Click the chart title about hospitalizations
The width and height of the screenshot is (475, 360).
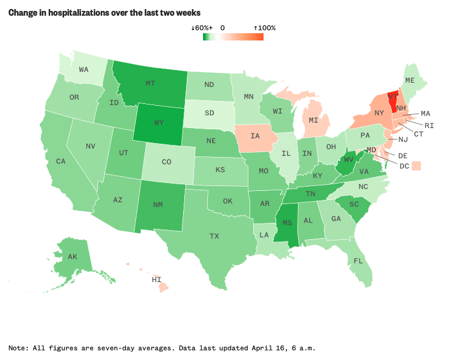pyautogui.click(x=105, y=13)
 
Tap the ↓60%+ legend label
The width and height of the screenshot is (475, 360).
pyautogui.click(x=201, y=28)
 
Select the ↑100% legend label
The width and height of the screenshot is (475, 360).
pyautogui.click(x=264, y=28)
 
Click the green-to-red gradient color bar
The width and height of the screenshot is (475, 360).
pyautogui.click(x=233, y=37)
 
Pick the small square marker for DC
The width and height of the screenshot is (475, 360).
pyautogui.click(x=416, y=166)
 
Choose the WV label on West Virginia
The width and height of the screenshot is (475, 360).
pyautogui.click(x=347, y=162)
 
